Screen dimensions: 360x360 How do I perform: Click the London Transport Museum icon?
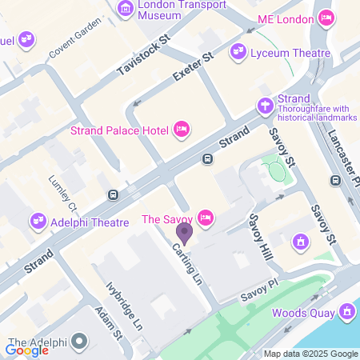tap(126, 10)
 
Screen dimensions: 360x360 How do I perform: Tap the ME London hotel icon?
tap(326, 18)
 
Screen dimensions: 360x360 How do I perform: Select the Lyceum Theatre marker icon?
tap(238, 53)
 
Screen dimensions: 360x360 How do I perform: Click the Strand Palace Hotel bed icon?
tap(182, 128)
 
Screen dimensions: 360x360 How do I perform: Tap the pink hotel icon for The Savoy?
tap(206, 218)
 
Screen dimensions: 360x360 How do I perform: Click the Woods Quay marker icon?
tap(346, 311)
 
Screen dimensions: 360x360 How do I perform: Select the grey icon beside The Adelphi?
tap(78, 342)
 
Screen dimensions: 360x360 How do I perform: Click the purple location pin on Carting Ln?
tap(185, 234)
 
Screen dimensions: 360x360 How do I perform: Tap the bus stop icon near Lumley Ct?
tap(113, 194)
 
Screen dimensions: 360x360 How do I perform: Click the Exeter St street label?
tap(194, 67)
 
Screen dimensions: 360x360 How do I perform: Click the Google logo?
tap(27, 350)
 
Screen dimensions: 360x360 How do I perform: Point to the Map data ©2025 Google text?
tap(311, 354)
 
